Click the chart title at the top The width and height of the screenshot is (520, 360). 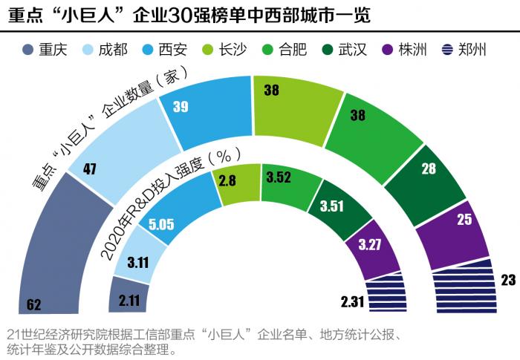pyautogui.click(x=189, y=16)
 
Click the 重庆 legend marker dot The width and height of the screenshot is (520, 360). pyautogui.click(x=28, y=50)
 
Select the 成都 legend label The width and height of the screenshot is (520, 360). pyautogui.click(x=114, y=50)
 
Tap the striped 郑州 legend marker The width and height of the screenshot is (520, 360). pyautogui.click(x=447, y=50)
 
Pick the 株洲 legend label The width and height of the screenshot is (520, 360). pyautogui.click(x=412, y=50)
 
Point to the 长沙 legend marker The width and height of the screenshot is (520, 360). pyautogui.click(x=207, y=50)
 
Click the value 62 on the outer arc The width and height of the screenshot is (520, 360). pyautogui.click(x=34, y=304)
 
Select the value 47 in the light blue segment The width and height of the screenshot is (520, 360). pyautogui.click(x=90, y=169)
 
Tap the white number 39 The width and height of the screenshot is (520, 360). pyautogui.click(x=181, y=107)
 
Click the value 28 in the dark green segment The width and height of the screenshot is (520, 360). pyautogui.click(x=429, y=168)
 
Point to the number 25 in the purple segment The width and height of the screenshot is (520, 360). pyautogui.click(x=464, y=220)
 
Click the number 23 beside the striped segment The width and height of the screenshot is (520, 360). pyautogui.click(x=508, y=280)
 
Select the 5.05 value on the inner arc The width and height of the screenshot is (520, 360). pyautogui.click(x=161, y=224)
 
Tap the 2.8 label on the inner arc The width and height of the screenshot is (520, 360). pyautogui.click(x=227, y=180)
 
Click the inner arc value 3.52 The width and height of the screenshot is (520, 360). pyautogui.click(x=279, y=177)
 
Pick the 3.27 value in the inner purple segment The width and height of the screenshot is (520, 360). pyautogui.click(x=370, y=245)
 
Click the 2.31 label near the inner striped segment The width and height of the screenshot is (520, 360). pyautogui.click(x=353, y=301)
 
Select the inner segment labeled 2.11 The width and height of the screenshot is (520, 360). pyautogui.click(x=128, y=295)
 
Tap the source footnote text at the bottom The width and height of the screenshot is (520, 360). pyautogui.click(x=205, y=342)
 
